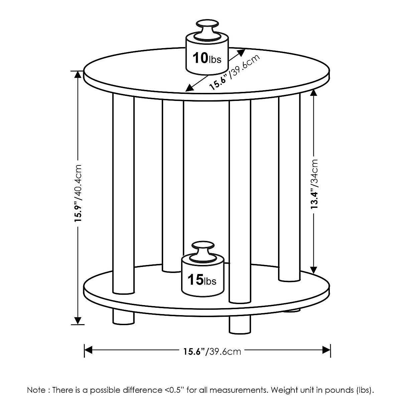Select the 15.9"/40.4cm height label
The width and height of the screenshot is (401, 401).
click(78, 193)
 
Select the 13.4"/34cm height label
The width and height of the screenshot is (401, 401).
click(314, 184)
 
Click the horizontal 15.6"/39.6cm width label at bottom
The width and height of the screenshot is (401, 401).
click(212, 351)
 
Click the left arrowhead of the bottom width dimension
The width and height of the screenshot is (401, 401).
click(88, 350)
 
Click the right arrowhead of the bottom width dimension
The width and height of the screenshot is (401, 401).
click(326, 350)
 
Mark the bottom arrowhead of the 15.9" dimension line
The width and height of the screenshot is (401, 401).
click(78, 320)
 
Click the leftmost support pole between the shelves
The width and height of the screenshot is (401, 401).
click(123, 194)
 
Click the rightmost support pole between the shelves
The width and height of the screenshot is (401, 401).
click(289, 187)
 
